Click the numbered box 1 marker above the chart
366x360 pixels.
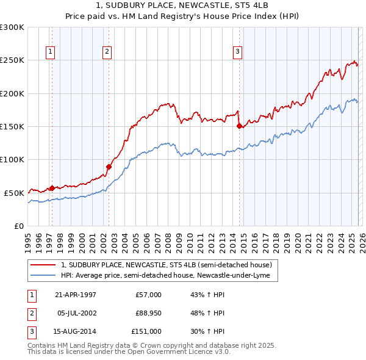click(x=49, y=52)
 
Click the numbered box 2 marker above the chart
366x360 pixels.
click(x=107, y=52)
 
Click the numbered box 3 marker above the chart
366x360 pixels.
click(x=237, y=52)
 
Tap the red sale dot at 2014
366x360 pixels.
click(x=239, y=126)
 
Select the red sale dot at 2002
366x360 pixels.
click(x=109, y=167)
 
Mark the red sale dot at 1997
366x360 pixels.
click(x=52, y=188)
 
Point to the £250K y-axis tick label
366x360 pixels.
click(x=12, y=60)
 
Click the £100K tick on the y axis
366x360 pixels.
click(x=12, y=159)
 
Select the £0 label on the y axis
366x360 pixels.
click(x=18, y=226)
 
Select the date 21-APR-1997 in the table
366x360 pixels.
click(x=75, y=295)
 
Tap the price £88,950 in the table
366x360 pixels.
click(x=148, y=313)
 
